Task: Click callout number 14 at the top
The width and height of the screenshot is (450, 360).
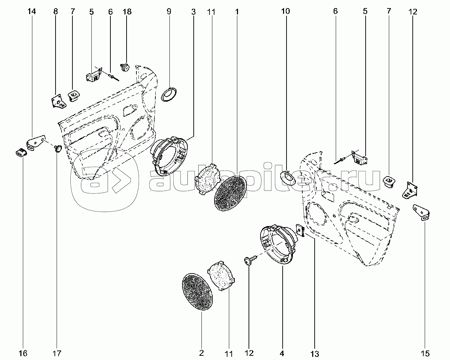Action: (x=32, y=11)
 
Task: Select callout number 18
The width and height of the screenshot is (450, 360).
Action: (x=127, y=11)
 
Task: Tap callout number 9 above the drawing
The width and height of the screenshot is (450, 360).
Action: (x=169, y=11)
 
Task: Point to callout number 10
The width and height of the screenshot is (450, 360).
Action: (x=285, y=11)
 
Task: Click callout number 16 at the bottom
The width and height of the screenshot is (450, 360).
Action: (x=23, y=353)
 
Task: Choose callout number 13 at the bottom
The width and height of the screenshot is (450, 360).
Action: (x=315, y=354)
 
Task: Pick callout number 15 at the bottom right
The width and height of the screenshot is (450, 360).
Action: (x=425, y=353)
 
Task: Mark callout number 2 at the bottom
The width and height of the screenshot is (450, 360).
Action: (x=201, y=353)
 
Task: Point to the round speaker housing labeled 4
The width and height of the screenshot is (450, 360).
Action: (x=278, y=244)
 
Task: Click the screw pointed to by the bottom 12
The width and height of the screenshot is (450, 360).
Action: (x=250, y=261)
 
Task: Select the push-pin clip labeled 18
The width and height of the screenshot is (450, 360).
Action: (x=124, y=67)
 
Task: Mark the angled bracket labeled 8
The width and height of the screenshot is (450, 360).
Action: (x=58, y=101)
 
